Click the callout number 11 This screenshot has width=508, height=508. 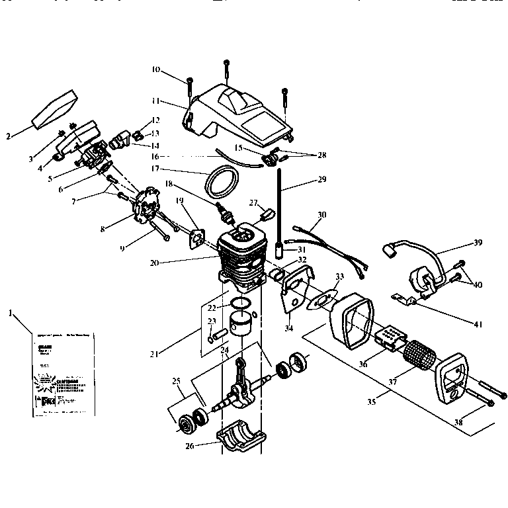pyautogui.click(x=156, y=101)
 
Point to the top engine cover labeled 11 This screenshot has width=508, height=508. pyautogui.click(x=241, y=112)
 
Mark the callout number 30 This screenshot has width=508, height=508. pyautogui.click(x=322, y=215)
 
